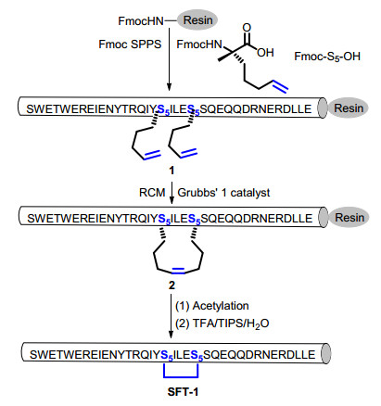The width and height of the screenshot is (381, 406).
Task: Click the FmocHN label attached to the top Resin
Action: [141, 21]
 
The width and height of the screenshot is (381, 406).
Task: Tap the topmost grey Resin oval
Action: [197, 20]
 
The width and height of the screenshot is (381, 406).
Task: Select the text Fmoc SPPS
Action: [130, 44]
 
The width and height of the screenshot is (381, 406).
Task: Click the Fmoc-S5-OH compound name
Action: [327, 57]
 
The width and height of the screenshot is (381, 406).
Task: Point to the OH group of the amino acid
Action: [265, 53]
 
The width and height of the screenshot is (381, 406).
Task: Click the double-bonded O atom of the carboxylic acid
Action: [247, 28]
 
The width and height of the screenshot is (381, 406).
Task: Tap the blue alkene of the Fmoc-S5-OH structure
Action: [280, 85]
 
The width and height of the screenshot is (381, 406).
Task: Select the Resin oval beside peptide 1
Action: [349, 108]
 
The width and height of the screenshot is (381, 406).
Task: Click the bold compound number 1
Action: [171, 171]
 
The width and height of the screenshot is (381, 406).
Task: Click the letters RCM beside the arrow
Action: [152, 193]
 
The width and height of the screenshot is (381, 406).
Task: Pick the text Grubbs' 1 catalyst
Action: [223, 193]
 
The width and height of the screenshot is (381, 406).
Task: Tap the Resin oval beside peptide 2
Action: [349, 218]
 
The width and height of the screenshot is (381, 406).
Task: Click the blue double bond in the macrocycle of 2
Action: [178, 271]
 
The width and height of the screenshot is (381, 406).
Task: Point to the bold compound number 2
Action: [171, 285]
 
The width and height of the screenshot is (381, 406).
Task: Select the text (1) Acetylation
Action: [212, 306]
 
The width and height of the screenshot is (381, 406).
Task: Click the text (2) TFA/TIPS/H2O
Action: [222, 324]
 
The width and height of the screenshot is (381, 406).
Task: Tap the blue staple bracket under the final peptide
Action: [181, 376]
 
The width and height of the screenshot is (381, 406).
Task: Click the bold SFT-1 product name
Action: [183, 392]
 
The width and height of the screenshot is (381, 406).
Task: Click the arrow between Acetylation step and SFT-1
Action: [171, 316]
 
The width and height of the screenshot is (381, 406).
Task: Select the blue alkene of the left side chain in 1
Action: [152, 155]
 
